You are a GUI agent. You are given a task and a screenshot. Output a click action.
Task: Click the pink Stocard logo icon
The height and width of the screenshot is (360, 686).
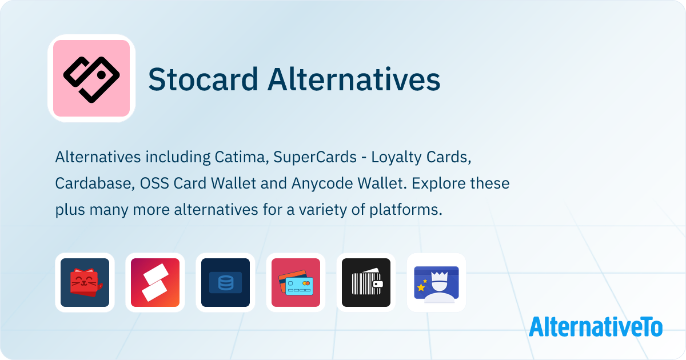point(91,78)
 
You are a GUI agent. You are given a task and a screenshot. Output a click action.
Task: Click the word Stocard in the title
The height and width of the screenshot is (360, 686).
point(202,79)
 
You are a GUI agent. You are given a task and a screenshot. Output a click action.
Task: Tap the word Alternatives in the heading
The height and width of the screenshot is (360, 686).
point(354,79)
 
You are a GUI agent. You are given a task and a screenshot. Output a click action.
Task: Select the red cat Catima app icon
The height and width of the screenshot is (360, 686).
point(85,282)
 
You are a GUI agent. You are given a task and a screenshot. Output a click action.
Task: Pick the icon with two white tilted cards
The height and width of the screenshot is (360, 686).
point(155,282)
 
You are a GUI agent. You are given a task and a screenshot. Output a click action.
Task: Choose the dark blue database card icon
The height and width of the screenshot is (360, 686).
point(225,282)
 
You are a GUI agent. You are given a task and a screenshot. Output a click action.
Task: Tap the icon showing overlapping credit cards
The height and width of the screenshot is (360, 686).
point(296,282)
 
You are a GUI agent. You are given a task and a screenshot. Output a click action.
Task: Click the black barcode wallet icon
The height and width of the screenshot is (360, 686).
point(366,282)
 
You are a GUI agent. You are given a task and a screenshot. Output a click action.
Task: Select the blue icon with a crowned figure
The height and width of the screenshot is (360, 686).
point(436,282)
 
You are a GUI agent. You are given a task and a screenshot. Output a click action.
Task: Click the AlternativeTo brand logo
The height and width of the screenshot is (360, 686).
point(595,326)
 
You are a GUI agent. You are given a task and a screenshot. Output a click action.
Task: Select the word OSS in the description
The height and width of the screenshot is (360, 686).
point(150,183)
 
